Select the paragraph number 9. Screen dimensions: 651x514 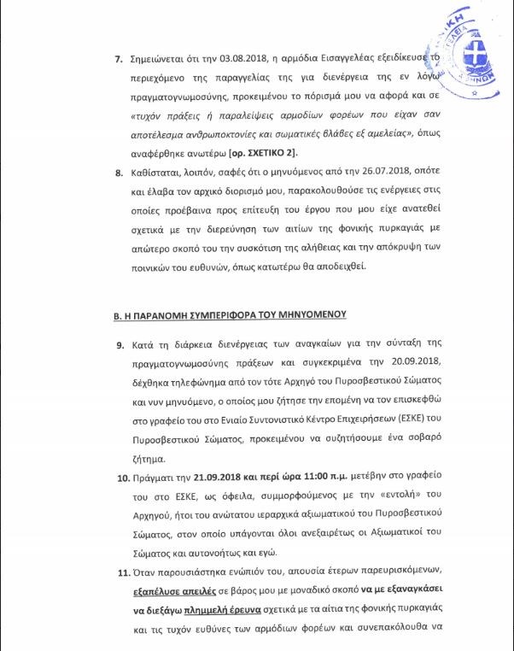120,343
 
